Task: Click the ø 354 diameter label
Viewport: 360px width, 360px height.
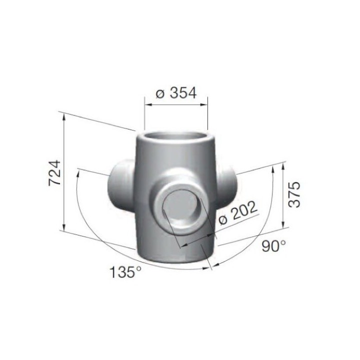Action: click(x=176, y=93)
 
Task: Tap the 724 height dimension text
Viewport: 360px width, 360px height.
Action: click(x=55, y=173)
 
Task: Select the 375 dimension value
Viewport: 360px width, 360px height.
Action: click(x=294, y=194)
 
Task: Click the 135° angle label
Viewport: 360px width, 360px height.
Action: click(x=125, y=272)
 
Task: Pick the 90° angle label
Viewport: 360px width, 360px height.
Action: click(x=273, y=245)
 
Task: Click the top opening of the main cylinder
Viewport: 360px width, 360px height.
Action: click(x=176, y=138)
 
